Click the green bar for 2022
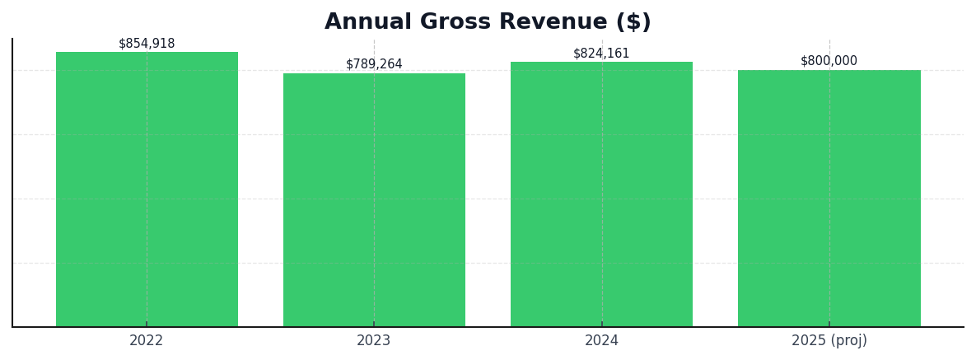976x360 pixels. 147,189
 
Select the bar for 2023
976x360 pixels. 374,200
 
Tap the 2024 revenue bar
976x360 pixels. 601,194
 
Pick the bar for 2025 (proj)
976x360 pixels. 829,199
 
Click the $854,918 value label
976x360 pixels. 147,44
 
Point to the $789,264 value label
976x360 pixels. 374,64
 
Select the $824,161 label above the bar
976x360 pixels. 601,54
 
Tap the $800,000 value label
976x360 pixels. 829,61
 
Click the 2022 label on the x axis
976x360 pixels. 147,341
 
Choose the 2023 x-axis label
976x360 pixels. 374,341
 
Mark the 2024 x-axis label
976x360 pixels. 601,341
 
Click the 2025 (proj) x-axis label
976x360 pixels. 829,341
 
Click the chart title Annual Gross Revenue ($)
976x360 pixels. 488,22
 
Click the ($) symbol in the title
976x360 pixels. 633,22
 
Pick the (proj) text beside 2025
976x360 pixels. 848,341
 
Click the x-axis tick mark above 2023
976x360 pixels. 374,325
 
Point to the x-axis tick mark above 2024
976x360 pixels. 601,325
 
